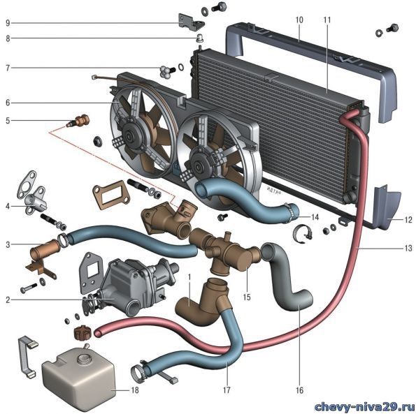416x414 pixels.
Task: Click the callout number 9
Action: (8, 23)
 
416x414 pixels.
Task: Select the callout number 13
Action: (408, 248)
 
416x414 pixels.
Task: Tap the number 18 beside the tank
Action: (135, 390)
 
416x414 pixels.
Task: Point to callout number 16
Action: (299, 390)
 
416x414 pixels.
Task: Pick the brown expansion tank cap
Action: (83, 332)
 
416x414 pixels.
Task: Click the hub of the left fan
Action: (130, 137)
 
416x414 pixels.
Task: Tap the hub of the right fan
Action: (198, 166)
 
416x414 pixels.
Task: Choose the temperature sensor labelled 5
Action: (79, 121)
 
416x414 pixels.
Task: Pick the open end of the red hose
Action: (98, 333)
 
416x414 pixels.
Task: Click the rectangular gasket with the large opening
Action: (111, 195)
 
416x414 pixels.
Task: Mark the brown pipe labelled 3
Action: (45, 250)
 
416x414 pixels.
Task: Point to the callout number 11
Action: (327, 20)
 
